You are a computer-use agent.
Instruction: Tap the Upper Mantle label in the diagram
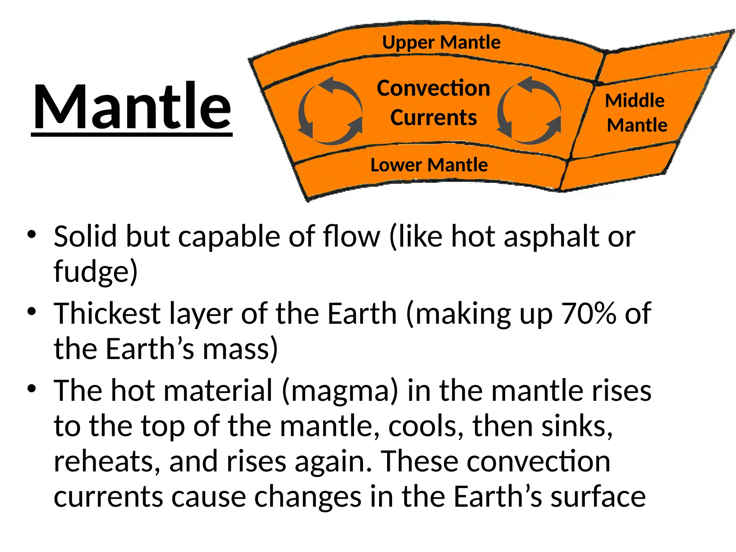point(441,43)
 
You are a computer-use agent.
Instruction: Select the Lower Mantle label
point(429,165)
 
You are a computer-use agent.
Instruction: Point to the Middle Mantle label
point(636,113)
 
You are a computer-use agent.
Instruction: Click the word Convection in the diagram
point(433,88)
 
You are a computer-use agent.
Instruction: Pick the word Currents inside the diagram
point(433,118)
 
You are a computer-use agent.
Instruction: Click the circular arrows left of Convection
point(330,110)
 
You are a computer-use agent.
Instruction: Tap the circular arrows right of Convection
point(529,110)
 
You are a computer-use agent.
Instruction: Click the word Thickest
point(107,314)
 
